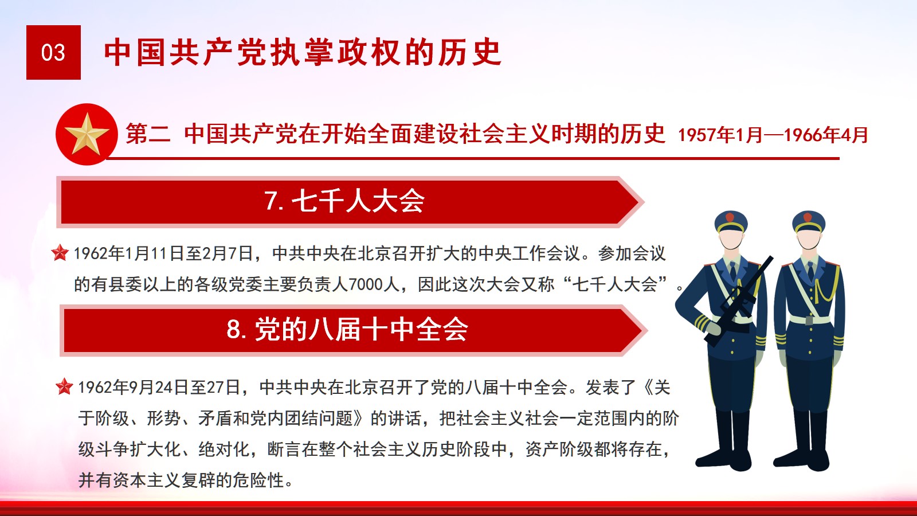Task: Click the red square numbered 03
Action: (53, 52)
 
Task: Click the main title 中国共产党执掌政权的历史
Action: (303, 52)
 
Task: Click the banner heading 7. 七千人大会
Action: (344, 201)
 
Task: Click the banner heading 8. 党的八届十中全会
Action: (347, 330)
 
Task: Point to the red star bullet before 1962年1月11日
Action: (60, 253)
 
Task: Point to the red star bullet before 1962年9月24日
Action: (64, 386)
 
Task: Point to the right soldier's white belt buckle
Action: (809, 319)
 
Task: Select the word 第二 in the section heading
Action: (148, 134)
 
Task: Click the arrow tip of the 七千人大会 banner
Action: (644, 201)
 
